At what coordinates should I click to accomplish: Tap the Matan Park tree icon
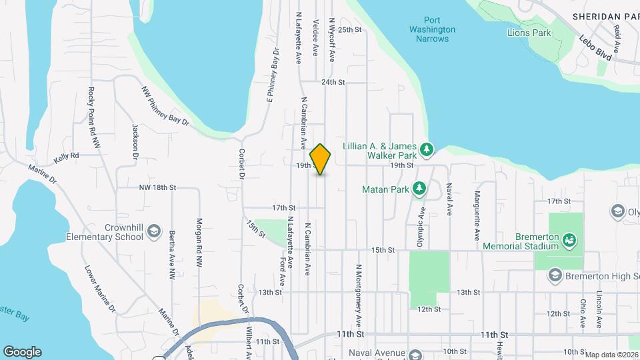[419, 189]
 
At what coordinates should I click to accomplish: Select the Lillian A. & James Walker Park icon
[427, 148]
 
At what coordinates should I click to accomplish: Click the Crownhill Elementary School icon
[154, 231]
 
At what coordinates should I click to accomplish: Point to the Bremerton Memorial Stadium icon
[569, 238]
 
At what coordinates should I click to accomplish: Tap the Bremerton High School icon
[555, 275]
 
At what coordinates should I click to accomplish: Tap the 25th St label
[349, 30]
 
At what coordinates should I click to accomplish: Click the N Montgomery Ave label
[359, 291]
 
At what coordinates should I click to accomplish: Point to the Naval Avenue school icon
[415, 354]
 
